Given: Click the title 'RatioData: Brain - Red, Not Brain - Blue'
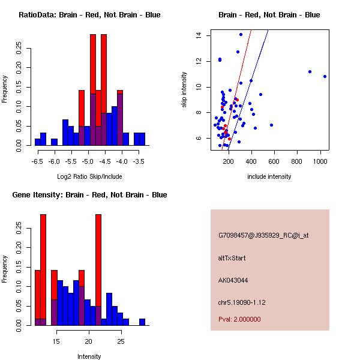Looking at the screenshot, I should (x=89, y=14).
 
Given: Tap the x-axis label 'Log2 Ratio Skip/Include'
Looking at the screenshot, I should (x=89, y=176).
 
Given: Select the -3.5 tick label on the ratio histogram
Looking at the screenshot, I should (x=139, y=161).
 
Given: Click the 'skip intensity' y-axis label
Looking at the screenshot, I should (x=184, y=90).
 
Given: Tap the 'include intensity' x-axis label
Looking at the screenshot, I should (x=269, y=176).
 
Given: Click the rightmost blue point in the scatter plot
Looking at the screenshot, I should (x=325, y=76).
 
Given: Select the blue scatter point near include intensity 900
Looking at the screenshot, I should (x=310, y=71).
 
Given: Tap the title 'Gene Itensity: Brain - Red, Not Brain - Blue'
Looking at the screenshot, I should (x=89, y=195).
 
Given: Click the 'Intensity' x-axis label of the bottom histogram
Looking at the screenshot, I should (x=89, y=356).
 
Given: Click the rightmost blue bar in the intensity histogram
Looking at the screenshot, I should (x=142, y=322).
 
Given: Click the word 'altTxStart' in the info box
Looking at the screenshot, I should (x=232, y=258).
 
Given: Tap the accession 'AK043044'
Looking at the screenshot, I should (x=233, y=280).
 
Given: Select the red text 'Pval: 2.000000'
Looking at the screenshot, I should (x=239, y=319).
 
